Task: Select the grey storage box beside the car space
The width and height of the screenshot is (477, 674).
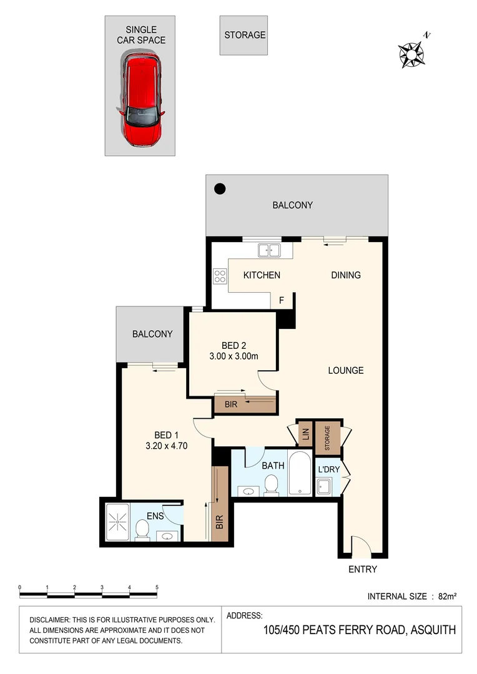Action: click(244, 35)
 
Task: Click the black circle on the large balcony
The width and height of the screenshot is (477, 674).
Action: click(219, 188)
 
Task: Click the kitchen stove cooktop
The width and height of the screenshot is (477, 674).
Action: click(220, 276)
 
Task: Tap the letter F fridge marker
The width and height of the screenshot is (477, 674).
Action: click(282, 301)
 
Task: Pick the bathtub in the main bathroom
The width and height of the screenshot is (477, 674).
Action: click(300, 476)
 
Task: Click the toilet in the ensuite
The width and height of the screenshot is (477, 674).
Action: click(142, 530)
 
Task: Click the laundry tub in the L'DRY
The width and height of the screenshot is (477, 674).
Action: click(324, 486)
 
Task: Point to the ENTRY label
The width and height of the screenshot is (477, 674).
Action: click(363, 569)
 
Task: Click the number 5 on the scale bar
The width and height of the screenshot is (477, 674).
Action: click(157, 587)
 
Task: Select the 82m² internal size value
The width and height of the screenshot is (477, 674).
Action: click(448, 596)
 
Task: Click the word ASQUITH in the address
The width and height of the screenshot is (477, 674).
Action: click(432, 630)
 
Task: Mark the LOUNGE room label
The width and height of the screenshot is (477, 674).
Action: click(346, 370)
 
